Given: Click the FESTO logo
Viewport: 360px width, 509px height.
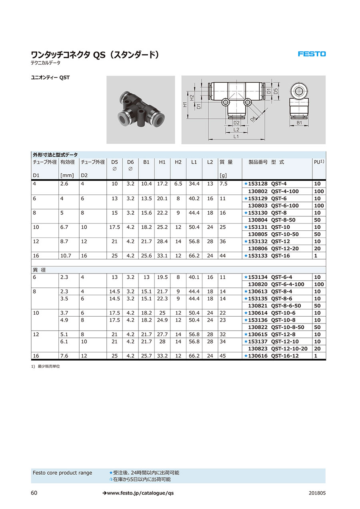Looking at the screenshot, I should (312, 54).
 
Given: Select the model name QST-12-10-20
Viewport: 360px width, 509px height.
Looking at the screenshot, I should (289, 349).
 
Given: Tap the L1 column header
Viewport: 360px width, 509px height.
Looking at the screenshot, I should (194, 162).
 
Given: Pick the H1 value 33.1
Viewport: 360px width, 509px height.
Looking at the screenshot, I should (162, 255).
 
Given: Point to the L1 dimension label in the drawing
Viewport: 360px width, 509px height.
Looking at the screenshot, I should (236, 136).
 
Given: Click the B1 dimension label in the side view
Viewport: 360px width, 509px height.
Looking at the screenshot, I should (299, 123).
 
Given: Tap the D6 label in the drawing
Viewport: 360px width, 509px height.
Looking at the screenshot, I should (253, 119).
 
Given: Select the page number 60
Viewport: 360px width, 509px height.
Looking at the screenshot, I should (34, 493).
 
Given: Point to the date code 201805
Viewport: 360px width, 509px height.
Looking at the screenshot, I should (317, 493).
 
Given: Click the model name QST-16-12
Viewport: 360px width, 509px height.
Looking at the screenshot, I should (285, 356).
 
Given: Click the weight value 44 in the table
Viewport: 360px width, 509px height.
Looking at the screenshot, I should (223, 255).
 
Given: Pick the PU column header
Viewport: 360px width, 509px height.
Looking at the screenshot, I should (319, 162).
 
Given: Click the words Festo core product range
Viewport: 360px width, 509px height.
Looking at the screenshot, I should (62, 473).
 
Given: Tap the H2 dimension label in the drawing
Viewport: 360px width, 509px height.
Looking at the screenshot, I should (192, 97).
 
